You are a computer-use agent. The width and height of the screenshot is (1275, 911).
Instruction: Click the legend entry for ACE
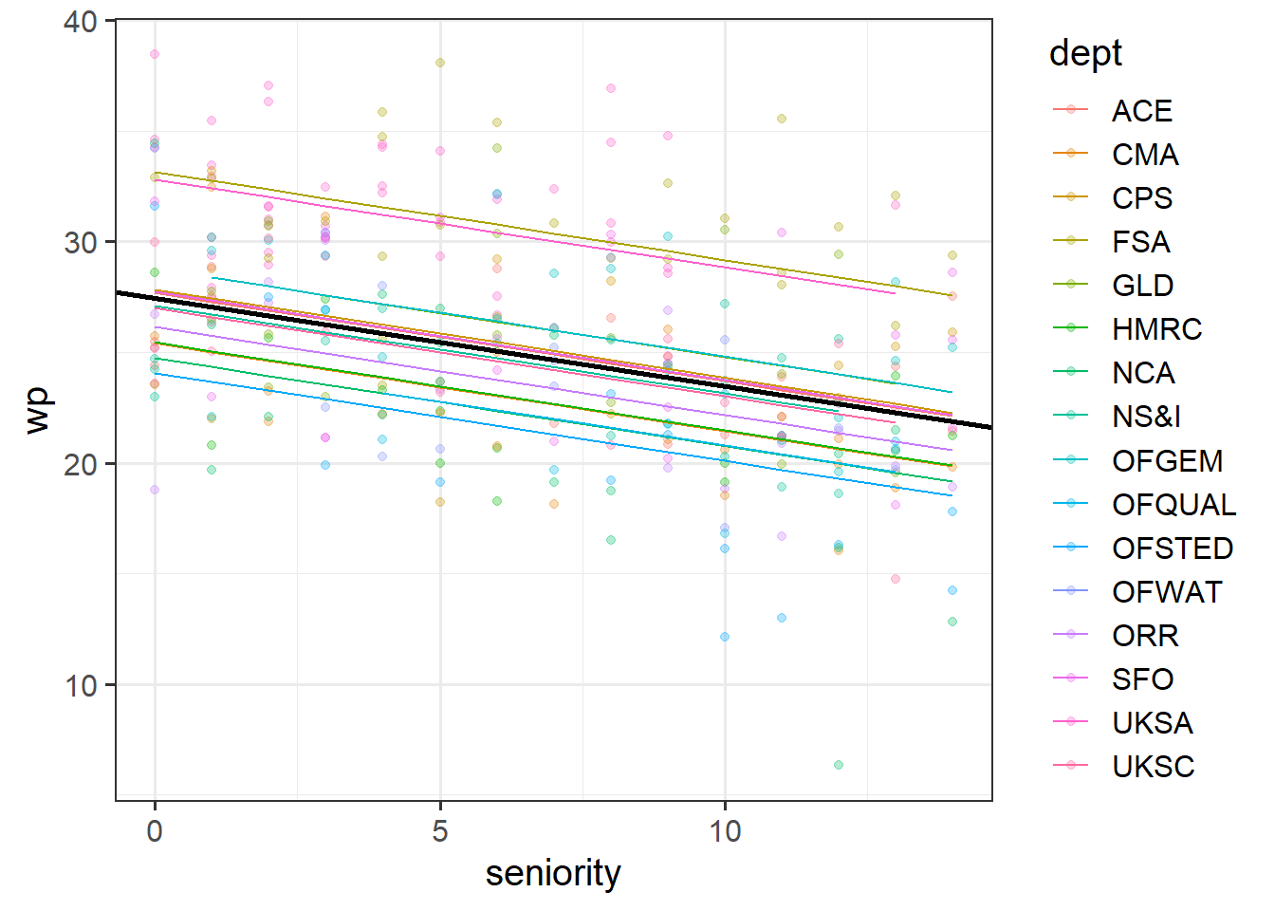coord(1141,111)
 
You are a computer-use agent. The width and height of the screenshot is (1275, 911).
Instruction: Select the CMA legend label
coord(1145,155)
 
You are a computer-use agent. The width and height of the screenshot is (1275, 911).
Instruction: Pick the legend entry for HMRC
coord(1156,329)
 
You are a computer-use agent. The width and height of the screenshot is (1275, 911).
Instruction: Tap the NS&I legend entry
coord(1146,417)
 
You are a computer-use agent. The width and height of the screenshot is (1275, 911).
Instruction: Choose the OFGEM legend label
coord(1167,461)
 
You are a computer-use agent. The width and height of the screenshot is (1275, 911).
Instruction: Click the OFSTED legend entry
coord(1172,548)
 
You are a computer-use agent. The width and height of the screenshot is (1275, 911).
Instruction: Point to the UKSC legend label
coord(1153,767)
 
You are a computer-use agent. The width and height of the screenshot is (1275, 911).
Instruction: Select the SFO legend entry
coord(1142,679)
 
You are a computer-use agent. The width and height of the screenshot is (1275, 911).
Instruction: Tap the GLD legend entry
coord(1142,286)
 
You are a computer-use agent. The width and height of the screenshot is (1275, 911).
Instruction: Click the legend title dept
coord(1085,53)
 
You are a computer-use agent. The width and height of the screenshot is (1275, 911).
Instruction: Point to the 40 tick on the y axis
coord(82,21)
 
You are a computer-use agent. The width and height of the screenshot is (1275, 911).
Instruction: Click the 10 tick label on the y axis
coord(82,685)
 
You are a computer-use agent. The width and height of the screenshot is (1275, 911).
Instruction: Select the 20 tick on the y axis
coord(82,464)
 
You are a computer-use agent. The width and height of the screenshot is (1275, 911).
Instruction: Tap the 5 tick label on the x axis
coord(440,831)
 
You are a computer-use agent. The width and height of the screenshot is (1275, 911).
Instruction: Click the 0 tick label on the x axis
coord(155,831)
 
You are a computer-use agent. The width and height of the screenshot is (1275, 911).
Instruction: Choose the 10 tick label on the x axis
coord(725,831)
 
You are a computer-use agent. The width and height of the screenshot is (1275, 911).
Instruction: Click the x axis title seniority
coord(553,873)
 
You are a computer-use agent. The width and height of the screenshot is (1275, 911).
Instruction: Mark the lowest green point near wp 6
coord(839,765)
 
